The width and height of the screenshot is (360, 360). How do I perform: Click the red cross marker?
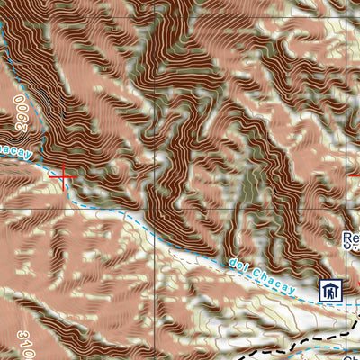(62, 175)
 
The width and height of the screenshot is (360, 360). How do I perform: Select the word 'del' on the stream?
(239, 264)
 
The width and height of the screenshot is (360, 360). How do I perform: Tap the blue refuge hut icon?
(331, 291)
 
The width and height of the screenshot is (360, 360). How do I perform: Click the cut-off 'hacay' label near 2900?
(15, 150)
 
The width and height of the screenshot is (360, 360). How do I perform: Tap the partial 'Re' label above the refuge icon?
(352, 238)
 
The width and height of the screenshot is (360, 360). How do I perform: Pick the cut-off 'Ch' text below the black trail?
(353, 358)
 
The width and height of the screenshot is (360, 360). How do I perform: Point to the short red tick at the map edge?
(354, 174)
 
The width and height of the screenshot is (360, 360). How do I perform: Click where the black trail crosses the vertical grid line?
(347, 332)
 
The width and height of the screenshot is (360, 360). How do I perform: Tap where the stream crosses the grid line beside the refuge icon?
(347, 305)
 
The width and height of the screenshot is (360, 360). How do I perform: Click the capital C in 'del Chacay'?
(256, 269)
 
